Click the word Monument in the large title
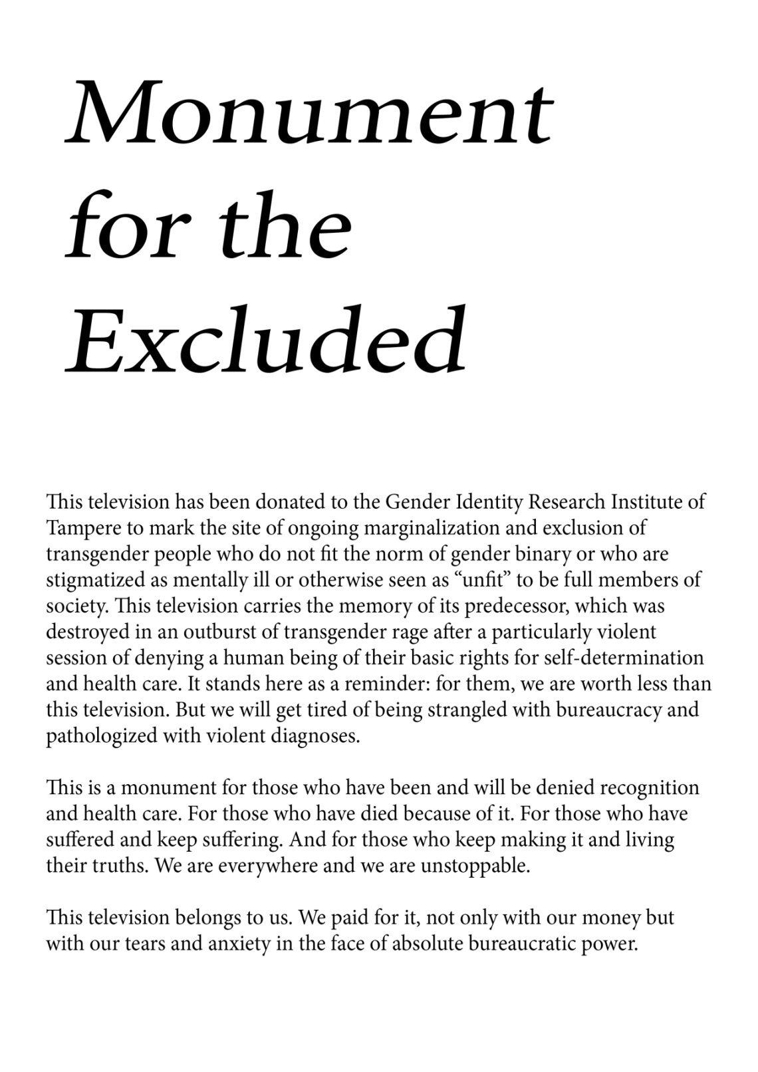coord(309,113)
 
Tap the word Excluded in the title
coord(266,340)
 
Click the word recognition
coord(649,787)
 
